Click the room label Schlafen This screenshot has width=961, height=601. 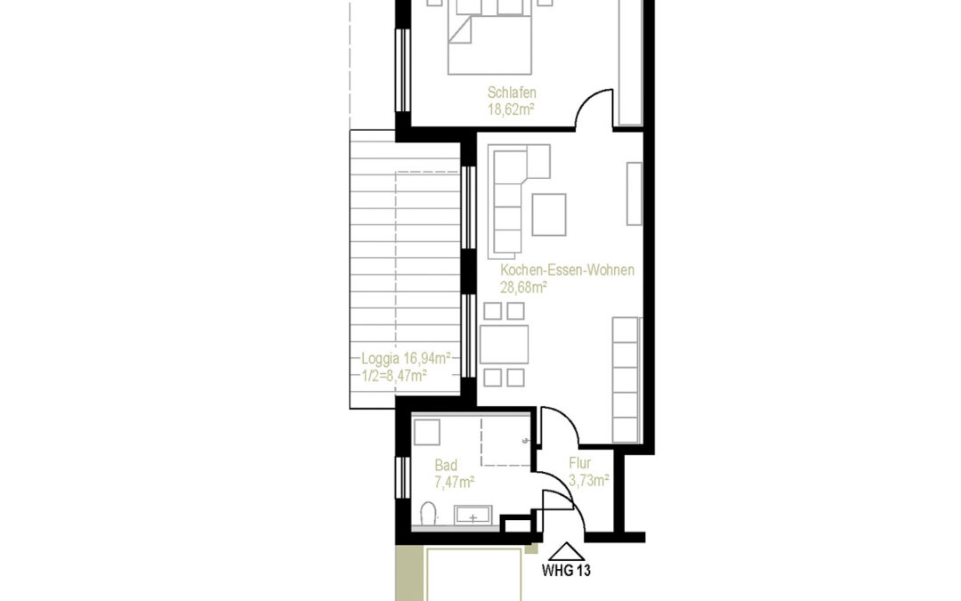[512, 93]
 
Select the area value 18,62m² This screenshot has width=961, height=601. [511, 110]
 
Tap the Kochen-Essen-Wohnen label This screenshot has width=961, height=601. [567, 271]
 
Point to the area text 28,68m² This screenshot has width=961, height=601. [523, 287]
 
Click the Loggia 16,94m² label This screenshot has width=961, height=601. [406, 359]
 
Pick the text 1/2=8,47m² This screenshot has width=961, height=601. [394, 376]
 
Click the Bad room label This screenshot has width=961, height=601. [446, 466]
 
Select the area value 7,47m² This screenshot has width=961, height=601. [454, 482]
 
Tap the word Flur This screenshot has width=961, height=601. [580, 464]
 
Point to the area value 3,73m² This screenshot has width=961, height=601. [588, 481]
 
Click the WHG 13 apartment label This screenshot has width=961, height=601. [566, 571]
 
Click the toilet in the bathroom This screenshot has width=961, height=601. [428, 515]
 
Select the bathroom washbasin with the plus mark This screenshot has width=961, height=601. [472, 515]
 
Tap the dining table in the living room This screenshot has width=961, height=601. [504, 345]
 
